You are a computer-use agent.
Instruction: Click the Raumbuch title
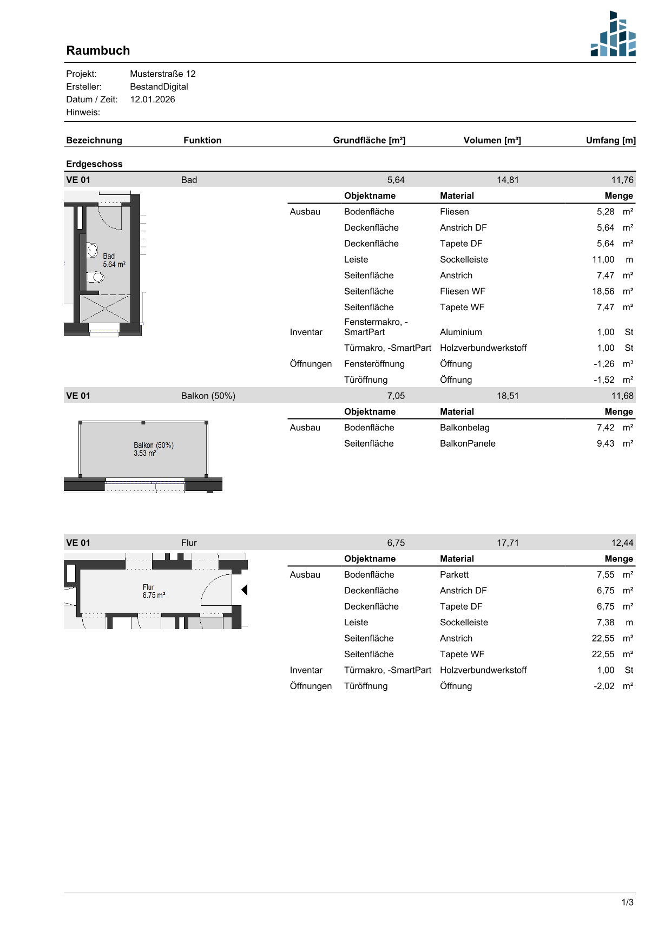98,50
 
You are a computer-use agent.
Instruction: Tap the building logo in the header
613,34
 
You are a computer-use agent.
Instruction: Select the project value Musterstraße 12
163,74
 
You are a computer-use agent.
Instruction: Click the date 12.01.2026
153,100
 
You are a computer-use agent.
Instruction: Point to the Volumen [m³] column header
492,140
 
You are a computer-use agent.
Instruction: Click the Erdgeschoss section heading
94,164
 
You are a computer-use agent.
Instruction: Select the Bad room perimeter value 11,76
622,180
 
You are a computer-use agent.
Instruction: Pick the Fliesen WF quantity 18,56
603,291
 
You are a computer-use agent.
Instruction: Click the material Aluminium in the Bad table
461,332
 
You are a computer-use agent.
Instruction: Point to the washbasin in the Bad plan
92,251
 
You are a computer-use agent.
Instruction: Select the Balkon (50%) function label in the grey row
208,396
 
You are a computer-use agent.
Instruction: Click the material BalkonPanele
468,443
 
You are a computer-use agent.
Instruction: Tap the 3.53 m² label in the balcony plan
145,454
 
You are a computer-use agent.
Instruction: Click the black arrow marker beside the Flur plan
245,590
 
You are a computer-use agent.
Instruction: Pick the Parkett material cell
454,574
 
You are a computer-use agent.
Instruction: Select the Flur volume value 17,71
508,543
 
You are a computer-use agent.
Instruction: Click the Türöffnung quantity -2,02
604,686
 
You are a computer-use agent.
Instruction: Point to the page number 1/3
627,902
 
